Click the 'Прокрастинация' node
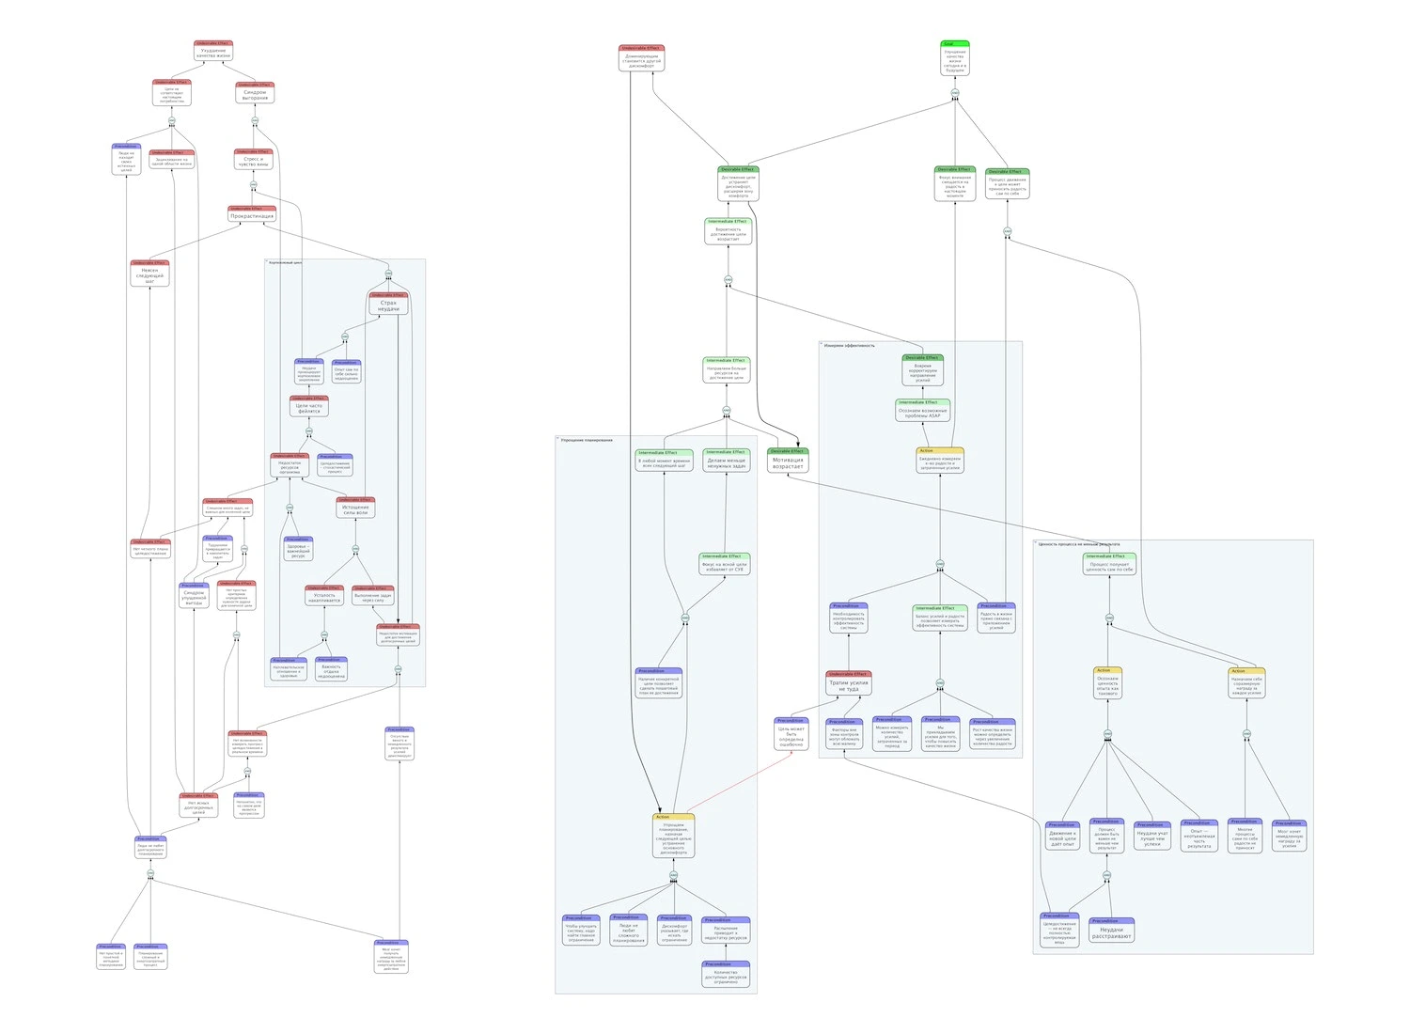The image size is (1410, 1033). pyautogui.click(x=252, y=214)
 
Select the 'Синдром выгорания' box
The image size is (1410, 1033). pyautogui.click(x=255, y=93)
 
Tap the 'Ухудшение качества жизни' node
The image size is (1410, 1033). pyautogui.click(x=213, y=52)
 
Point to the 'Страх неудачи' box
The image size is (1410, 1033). pyautogui.click(x=388, y=304)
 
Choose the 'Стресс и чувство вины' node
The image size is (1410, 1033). pyautogui.click(x=253, y=160)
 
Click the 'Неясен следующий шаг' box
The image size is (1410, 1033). pyautogui.click(x=149, y=274)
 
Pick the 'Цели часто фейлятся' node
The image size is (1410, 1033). pyautogui.click(x=309, y=406)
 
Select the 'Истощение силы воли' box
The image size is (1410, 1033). pyautogui.click(x=355, y=509)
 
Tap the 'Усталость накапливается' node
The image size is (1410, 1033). pyautogui.click(x=324, y=596)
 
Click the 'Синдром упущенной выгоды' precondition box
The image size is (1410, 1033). pyautogui.click(x=194, y=596)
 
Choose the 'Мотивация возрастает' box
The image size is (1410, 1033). pyautogui.click(x=788, y=461)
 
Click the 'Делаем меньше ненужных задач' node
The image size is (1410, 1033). pyautogui.click(x=726, y=461)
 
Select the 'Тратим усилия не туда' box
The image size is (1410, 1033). pyautogui.click(x=849, y=684)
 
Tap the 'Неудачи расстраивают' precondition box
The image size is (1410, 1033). pyautogui.click(x=1112, y=931)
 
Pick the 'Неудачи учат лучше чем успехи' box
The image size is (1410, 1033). pyautogui.click(x=1151, y=837)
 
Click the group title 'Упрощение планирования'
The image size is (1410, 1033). pyautogui.click(x=587, y=440)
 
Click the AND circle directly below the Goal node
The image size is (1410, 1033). pyautogui.click(x=955, y=93)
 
